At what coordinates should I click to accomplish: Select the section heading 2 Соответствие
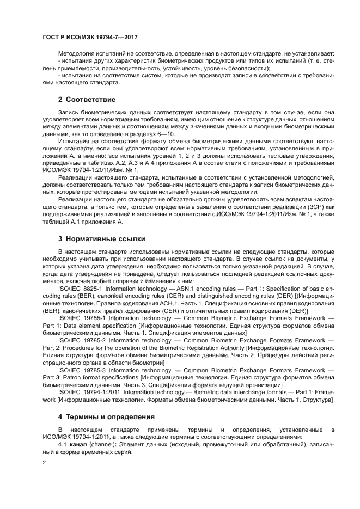click(87, 100)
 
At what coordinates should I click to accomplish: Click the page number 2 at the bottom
click(44, 462)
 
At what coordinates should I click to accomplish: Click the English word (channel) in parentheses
click(103, 444)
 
